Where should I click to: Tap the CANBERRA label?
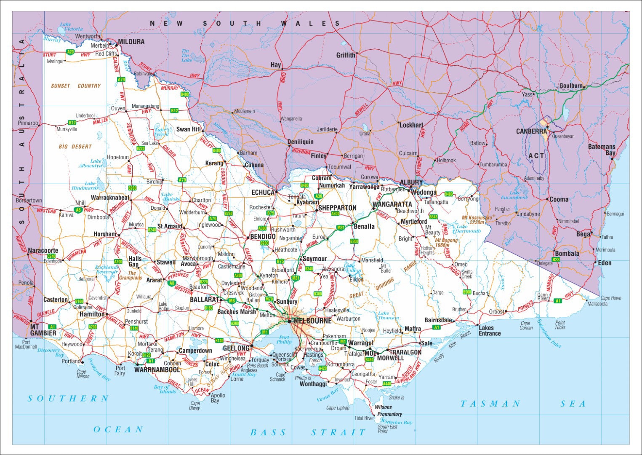point(531,131)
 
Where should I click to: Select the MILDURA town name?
point(131,42)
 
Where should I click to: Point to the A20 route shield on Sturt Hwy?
point(70,52)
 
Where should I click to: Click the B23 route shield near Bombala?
point(556,260)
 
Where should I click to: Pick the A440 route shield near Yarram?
point(386,384)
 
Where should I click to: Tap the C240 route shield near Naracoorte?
point(51,256)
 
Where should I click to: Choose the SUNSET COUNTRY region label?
point(76,86)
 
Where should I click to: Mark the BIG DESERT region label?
point(75,147)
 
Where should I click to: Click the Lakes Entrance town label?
point(489,331)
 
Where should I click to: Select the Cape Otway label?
point(194,405)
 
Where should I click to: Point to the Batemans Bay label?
point(602,150)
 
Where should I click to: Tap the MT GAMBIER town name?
point(43,330)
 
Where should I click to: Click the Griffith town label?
point(346,55)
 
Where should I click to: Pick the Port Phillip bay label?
point(284,340)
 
